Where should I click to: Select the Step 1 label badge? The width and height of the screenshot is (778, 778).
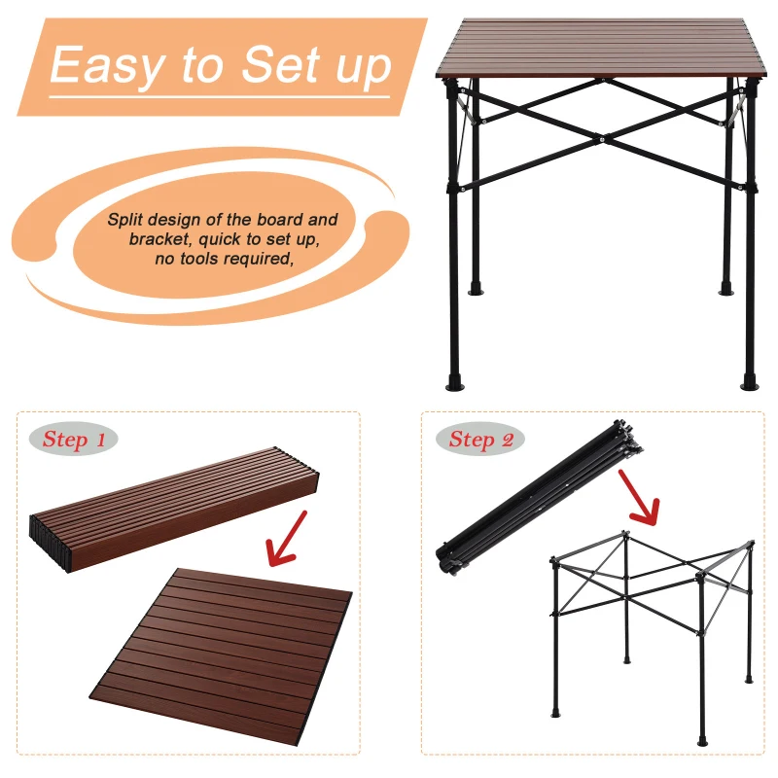click(x=75, y=440)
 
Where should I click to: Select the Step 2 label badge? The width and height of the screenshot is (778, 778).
click(x=481, y=440)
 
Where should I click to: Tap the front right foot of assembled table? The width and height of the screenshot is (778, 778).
click(x=749, y=381)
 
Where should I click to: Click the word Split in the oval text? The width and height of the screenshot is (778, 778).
click(x=125, y=220)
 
